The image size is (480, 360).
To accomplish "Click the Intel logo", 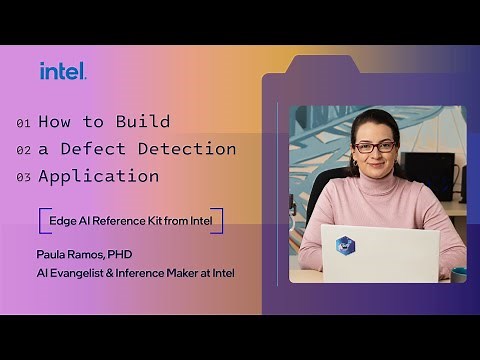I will [x=63, y=71].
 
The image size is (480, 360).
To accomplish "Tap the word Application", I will [x=98, y=177].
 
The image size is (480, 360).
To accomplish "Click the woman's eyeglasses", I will [x=375, y=147].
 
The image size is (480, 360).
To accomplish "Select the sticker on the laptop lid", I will [x=345, y=244].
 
